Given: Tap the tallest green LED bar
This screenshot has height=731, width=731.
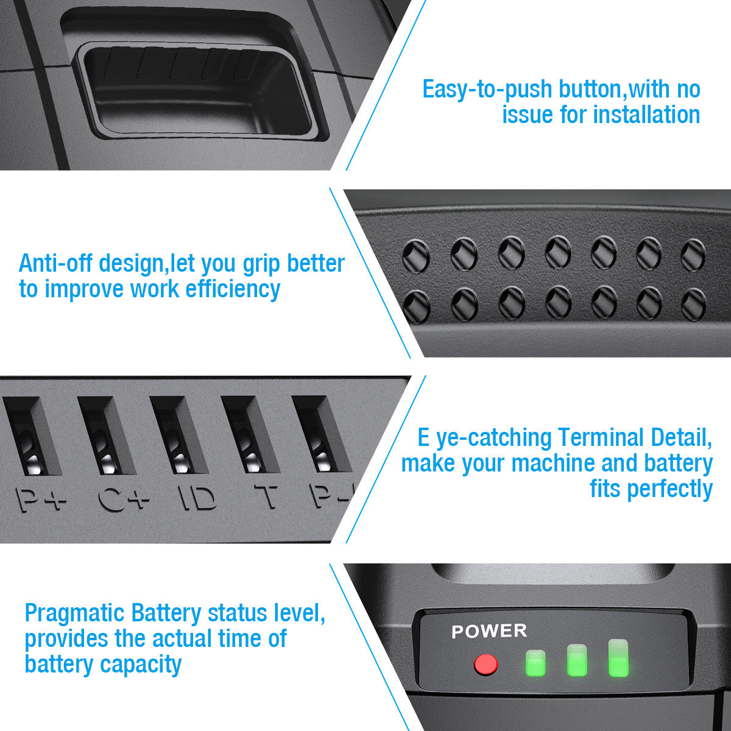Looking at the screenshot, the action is [618, 658].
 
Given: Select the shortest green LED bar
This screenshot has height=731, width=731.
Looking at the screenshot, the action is [535, 663].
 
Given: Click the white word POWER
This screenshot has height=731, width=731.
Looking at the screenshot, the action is [489, 631].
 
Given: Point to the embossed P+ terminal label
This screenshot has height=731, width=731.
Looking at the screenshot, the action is [41, 500].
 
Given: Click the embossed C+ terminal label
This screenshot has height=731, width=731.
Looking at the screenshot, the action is [123, 500].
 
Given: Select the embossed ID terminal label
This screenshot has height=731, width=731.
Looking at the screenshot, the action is [197, 498].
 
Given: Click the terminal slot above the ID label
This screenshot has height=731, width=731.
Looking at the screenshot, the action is [179, 435].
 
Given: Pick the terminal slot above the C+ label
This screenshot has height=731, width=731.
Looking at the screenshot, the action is [107, 436].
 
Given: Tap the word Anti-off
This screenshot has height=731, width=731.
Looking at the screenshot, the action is [55, 263].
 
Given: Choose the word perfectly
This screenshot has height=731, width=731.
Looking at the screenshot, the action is [670, 489].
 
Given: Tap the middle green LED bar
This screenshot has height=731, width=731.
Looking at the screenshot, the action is [577, 660].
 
